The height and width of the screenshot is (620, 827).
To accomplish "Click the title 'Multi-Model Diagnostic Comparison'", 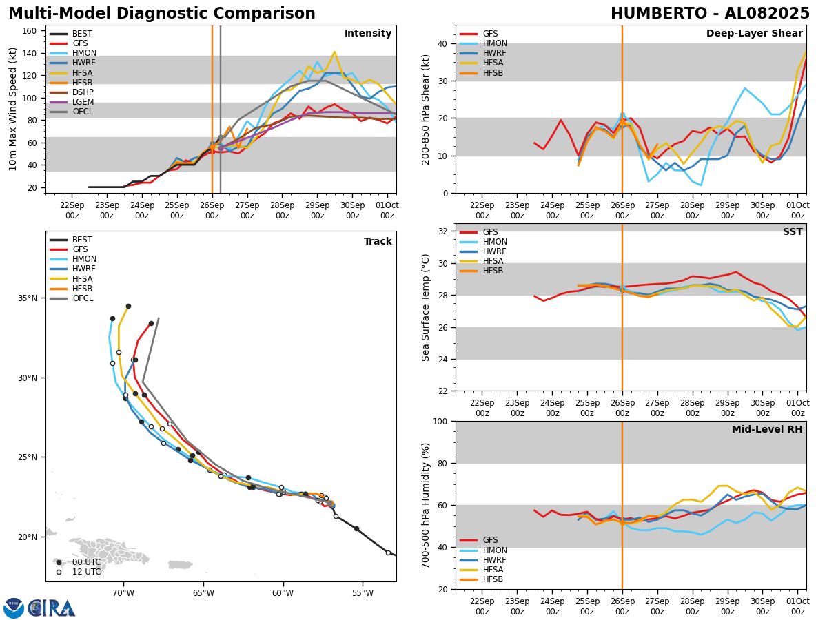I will click(162, 14).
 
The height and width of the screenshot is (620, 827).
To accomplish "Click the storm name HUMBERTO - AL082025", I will click(710, 14).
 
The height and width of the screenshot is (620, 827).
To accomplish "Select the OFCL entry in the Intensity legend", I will click(82, 112).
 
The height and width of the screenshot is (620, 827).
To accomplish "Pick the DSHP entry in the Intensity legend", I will click(83, 92).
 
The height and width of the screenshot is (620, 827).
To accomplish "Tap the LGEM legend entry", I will click(83, 102).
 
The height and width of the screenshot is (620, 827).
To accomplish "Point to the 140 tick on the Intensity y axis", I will click(30, 53).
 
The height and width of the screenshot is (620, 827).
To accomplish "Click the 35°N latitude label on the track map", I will click(28, 298).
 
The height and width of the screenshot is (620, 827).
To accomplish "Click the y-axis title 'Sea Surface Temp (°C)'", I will click(427, 307).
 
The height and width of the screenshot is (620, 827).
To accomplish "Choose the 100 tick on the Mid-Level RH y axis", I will click(440, 421).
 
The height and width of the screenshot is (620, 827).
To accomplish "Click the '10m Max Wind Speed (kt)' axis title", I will click(13, 109).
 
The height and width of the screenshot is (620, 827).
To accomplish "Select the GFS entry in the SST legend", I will click(490, 232).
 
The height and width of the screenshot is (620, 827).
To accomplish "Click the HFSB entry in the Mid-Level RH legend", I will click(493, 579).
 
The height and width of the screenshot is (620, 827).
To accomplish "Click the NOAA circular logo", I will click(14, 608).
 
